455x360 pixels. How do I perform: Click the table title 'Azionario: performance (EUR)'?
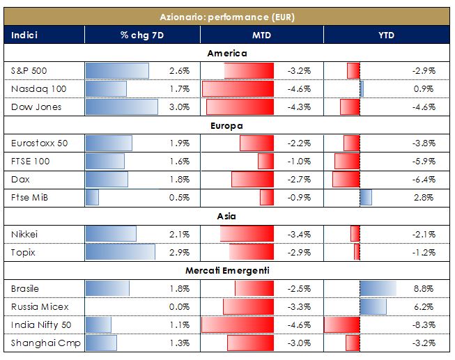pyautogui.click(x=227, y=16)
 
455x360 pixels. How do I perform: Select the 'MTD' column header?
pyautogui.click(x=262, y=35)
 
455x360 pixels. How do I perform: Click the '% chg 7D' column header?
pyautogui.click(x=142, y=35)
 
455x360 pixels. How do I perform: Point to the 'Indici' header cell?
pyautogui.click(x=25, y=35)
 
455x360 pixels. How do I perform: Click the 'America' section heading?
pyautogui.click(x=227, y=53)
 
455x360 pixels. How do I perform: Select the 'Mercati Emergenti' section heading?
pyautogui.click(x=227, y=270)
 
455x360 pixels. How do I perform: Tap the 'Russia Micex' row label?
pyautogui.click(x=40, y=306)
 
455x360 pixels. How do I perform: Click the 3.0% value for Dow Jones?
pyautogui.click(x=180, y=107)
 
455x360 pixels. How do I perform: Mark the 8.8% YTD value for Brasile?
pyautogui.click(x=426, y=288)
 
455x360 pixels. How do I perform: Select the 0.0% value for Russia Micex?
pyautogui.click(x=180, y=306)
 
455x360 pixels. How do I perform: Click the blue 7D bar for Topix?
pyautogui.click(x=120, y=252)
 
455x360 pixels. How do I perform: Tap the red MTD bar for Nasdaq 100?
pyautogui.click(x=238, y=89)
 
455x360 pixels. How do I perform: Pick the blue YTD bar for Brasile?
pyautogui.click(x=378, y=288)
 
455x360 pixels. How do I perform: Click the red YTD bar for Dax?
pyautogui.click(x=346, y=179)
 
